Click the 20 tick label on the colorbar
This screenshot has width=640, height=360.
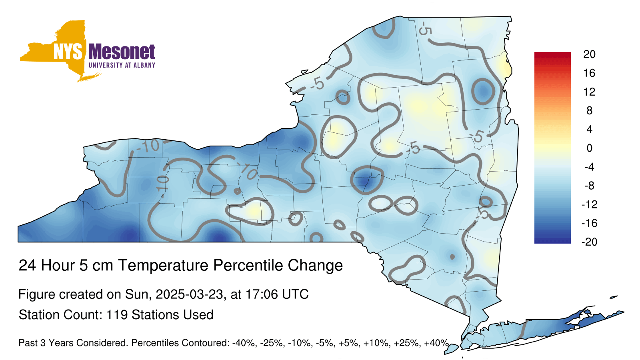[590, 54]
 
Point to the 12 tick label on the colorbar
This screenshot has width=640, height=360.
[590, 92]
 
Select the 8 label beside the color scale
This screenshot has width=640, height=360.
[590, 110]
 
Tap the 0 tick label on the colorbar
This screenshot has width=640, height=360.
[590, 148]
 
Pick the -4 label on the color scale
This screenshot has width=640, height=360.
[589, 167]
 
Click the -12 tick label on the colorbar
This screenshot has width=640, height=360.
[589, 204]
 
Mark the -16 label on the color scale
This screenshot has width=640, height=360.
[589, 223]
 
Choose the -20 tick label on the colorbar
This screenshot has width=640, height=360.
[589, 242]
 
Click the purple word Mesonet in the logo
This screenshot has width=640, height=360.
[122, 52]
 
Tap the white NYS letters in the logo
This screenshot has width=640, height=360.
[68, 52]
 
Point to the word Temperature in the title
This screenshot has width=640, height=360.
[163, 266]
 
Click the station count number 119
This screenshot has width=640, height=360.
[117, 315]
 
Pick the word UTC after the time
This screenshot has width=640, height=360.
[296, 294]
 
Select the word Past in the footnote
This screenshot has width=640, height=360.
[28, 343]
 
